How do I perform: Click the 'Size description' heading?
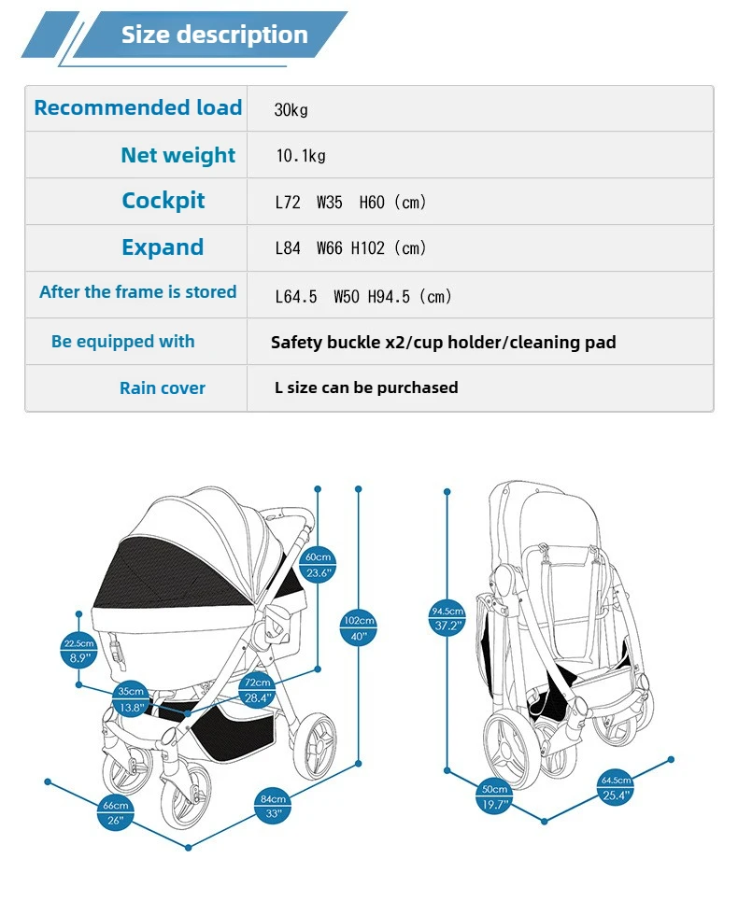pyautogui.click(x=214, y=35)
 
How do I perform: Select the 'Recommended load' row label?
pyautogui.click(x=138, y=107)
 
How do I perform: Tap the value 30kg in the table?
pyautogui.click(x=291, y=109)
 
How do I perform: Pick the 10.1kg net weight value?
pyautogui.click(x=301, y=156)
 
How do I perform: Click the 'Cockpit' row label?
pyautogui.click(x=163, y=201)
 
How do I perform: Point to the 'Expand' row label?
pyautogui.click(x=163, y=247)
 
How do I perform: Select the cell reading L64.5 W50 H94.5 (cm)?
pyautogui.click(x=363, y=296)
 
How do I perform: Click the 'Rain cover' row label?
pyautogui.click(x=163, y=387)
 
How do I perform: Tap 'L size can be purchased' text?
pyautogui.click(x=366, y=387)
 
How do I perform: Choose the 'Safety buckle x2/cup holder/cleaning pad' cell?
pyautogui.click(x=444, y=342)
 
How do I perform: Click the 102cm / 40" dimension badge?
pyautogui.click(x=359, y=627)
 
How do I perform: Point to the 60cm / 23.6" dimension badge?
pyautogui.click(x=319, y=565)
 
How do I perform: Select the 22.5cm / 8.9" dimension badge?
pyautogui.click(x=78, y=650)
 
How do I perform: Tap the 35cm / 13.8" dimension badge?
pyautogui.click(x=131, y=699)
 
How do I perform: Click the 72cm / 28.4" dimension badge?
pyautogui.click(x=257, y=690)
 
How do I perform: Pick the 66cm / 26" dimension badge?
pyautogui.click(x=115, y=812)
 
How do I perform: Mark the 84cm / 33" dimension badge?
pyautogui.click(x=273, y=806)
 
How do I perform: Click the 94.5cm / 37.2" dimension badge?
pyautogui.click(x=447, y=619)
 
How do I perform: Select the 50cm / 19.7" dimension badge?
pyautogui.click(x=494, y=796)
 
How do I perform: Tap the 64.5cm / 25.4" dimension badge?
pyautogui.click(x=616, y=788)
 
